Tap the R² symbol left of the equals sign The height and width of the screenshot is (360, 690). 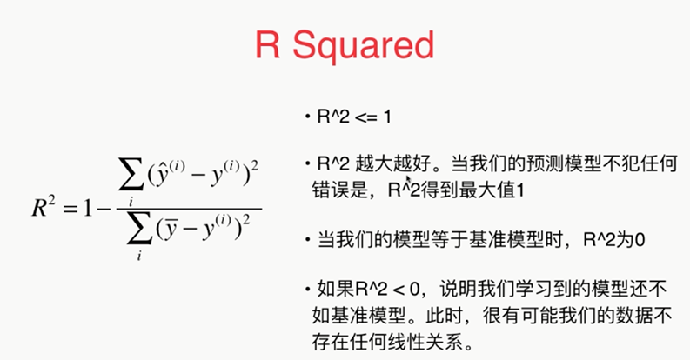tap(44, 208)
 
